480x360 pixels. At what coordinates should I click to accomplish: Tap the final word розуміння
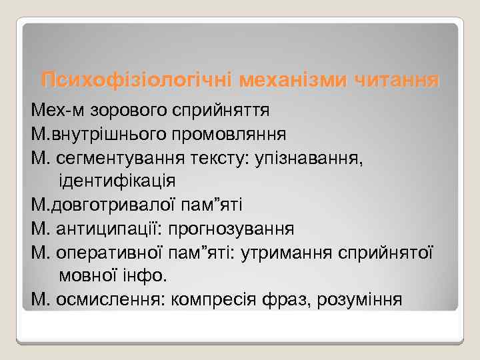click(363, 299)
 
